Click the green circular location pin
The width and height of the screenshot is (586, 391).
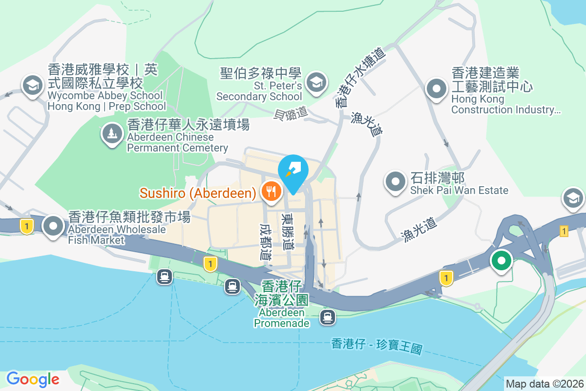(501, 260)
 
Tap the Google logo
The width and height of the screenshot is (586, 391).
(33, 379)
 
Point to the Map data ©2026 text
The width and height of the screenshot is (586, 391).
(544, 384)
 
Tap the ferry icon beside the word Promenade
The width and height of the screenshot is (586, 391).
(327, 318)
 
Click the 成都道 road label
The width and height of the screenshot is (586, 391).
(266, 242)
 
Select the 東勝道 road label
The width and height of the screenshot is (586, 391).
(288, 231)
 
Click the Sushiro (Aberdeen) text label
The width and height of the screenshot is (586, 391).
(198, 193)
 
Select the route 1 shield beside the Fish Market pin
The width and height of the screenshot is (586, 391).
(27, 226)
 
